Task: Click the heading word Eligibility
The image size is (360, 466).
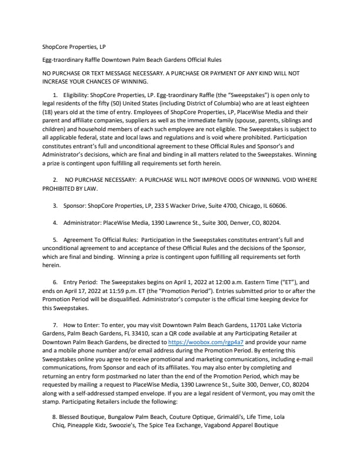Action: click(x=74, y=95)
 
